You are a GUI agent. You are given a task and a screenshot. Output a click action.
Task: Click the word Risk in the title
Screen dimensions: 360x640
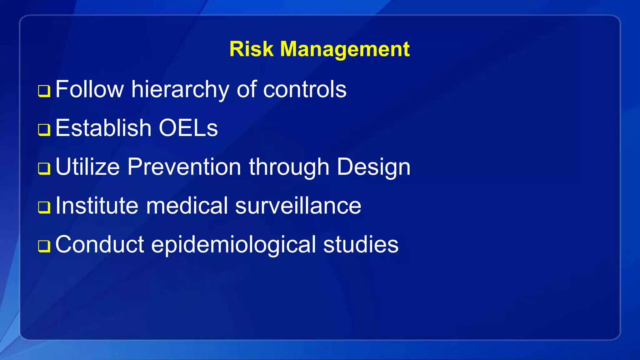[x=251, y=49]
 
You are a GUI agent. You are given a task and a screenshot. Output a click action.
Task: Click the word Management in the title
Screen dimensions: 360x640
[x=345, y=49]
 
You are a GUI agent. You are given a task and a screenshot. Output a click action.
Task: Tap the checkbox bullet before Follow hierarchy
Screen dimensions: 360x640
[x=44, y=91]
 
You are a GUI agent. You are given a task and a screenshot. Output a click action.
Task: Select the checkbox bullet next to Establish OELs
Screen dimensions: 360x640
[x=44, y=130]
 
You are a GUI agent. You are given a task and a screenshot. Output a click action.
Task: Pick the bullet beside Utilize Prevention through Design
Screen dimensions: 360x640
[x=44, y=169]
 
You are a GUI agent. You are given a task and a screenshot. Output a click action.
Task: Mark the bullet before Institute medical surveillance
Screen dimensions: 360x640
[x=44, y=207]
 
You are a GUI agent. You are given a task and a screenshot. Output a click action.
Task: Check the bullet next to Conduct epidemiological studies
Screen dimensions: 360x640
[x=44, y=246]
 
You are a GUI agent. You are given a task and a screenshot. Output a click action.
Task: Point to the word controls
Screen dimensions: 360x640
[x=305, y=90]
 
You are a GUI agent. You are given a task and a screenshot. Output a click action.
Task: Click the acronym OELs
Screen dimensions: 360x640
[x=188, y=128]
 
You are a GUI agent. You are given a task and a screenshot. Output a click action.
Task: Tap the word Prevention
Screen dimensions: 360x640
[x=184, y=167]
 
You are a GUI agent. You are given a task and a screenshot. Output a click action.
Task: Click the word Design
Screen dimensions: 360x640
[x=373, y=167]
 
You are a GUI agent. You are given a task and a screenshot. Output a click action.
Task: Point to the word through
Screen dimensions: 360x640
[x=289, y=167]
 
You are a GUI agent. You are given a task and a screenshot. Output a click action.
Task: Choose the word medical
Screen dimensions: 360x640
[x=187, y=206]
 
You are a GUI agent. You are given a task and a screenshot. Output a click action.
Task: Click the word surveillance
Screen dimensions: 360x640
[x=298, y=206]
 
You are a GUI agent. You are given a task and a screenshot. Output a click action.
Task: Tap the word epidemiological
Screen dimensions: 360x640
[x=233, y=244]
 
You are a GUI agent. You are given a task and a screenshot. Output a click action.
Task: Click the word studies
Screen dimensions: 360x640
[x=361, y=244]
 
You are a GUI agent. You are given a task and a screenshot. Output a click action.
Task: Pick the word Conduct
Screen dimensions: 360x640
[x=100, y=244]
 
